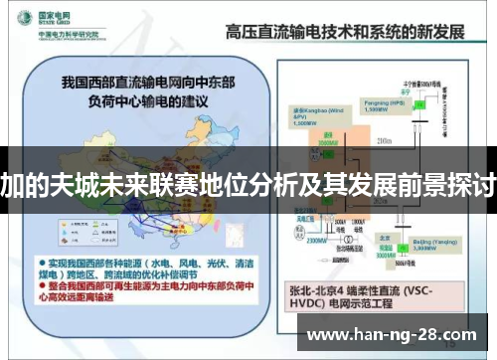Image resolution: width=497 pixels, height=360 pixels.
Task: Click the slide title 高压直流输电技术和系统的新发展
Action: point(344,31)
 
